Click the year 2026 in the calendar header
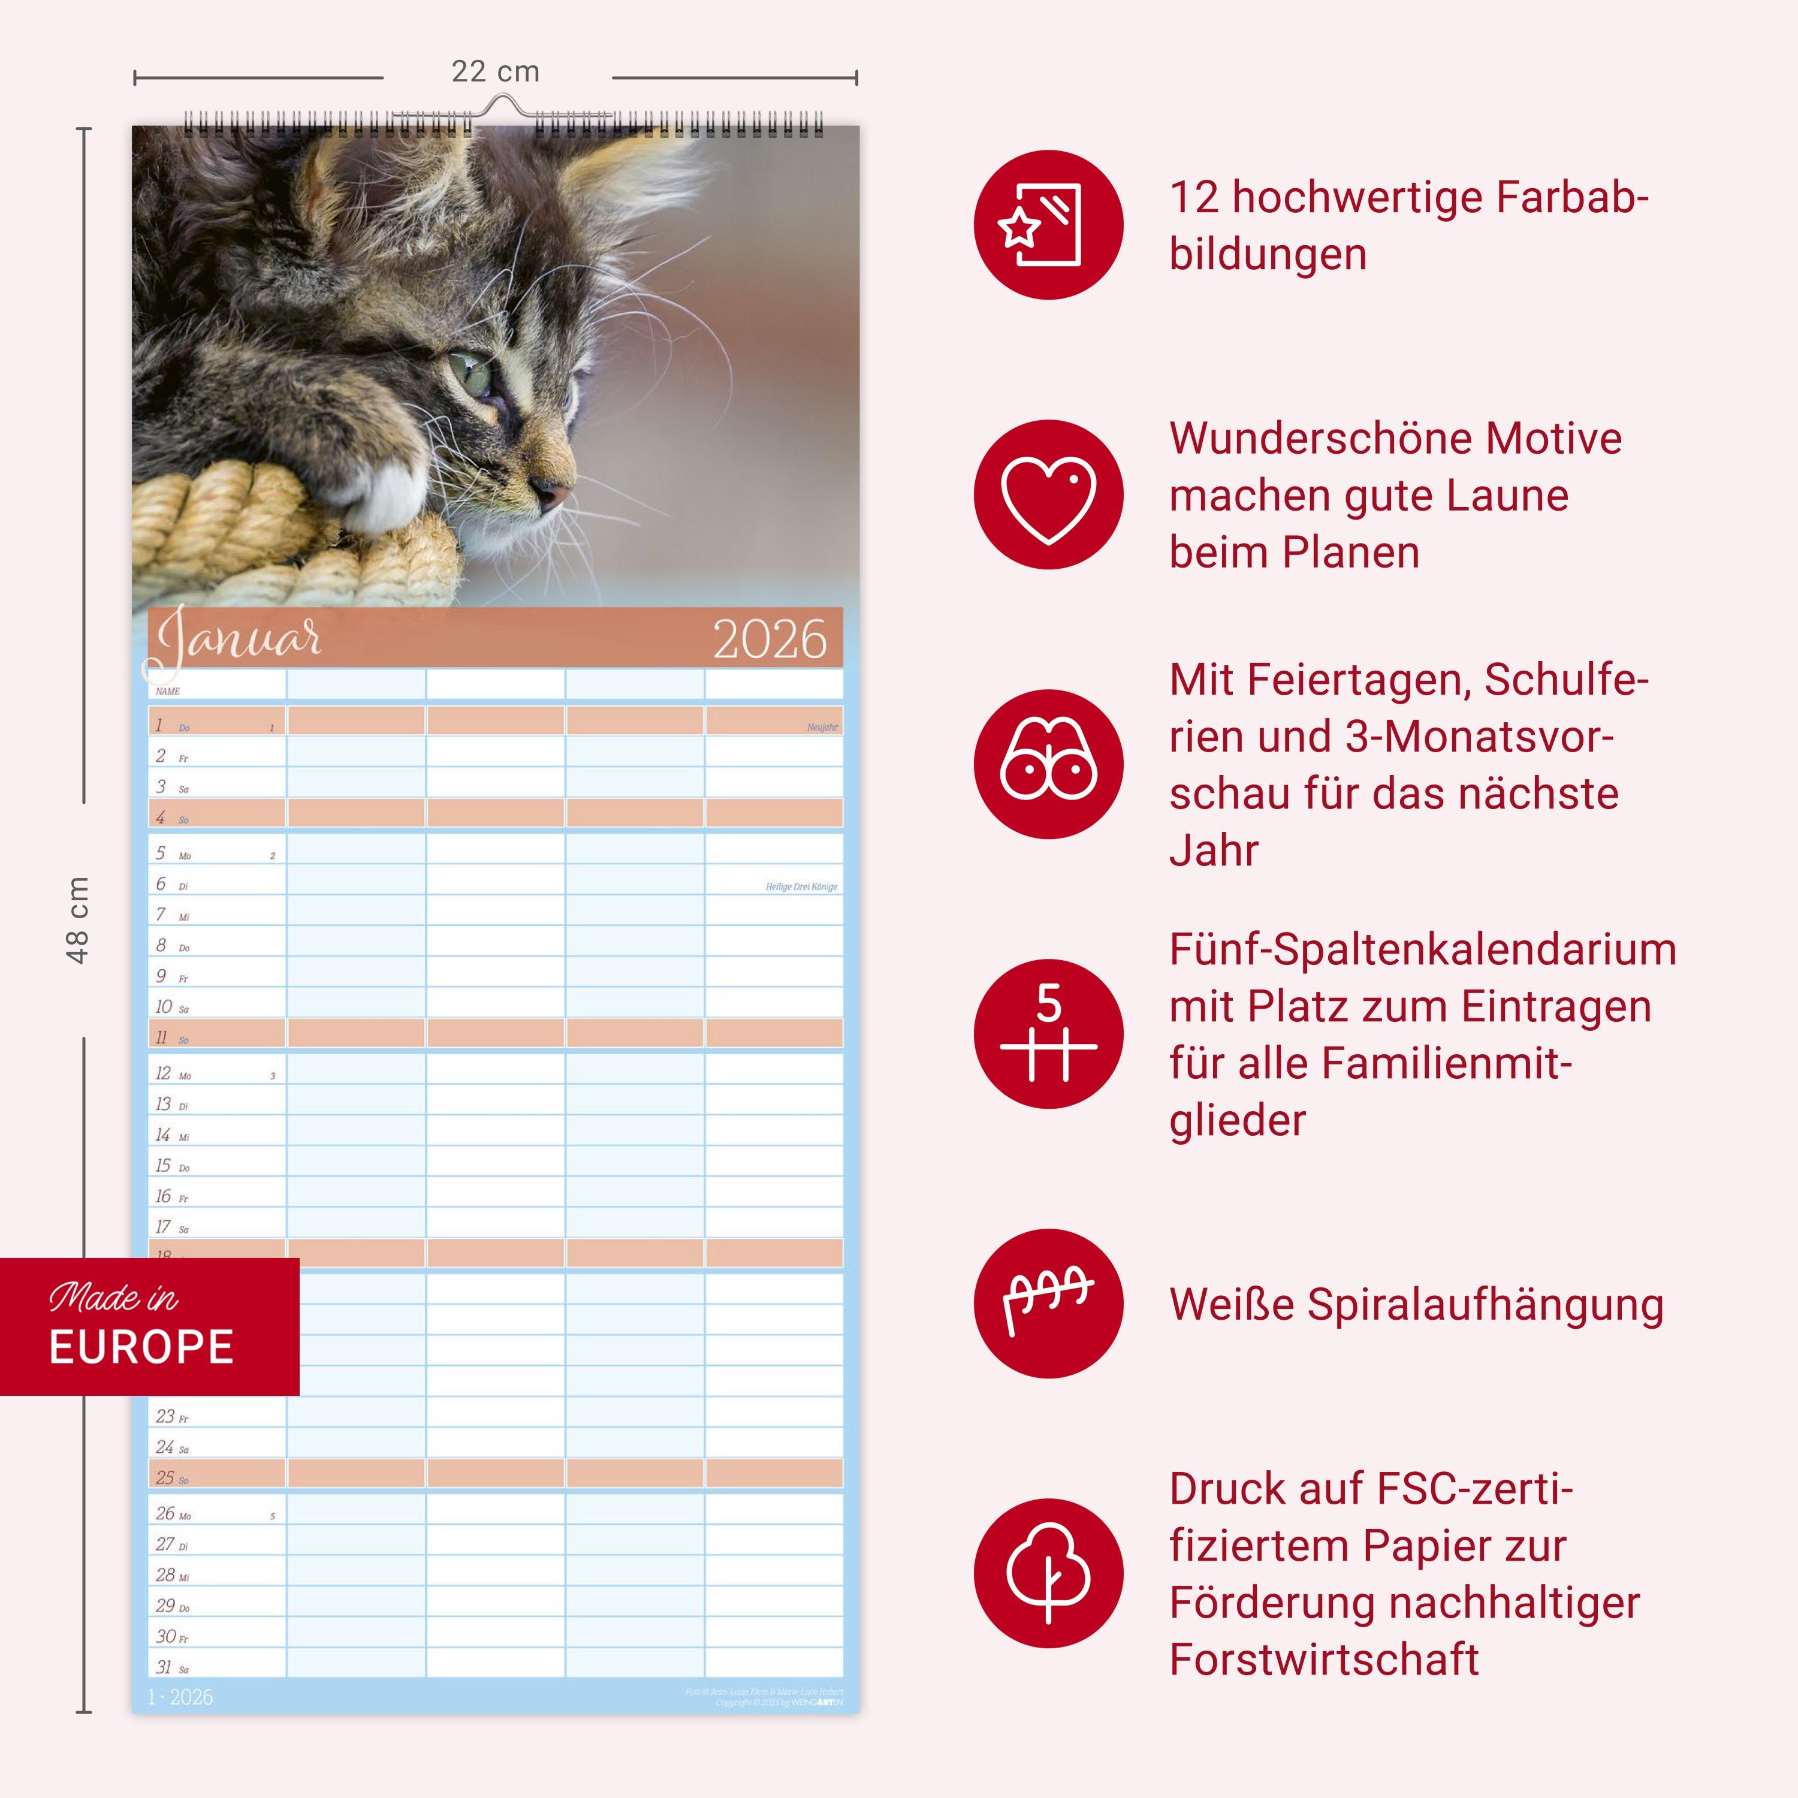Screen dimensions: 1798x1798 tap(770, 640)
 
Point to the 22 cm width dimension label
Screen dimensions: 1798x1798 tap(495, 72)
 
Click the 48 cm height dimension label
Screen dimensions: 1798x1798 tap(77, 919)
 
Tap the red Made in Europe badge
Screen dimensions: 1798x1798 tap(149, 1326)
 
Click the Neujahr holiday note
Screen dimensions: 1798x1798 tap(822, 727)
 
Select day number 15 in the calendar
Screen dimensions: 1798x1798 tap(164, 1166)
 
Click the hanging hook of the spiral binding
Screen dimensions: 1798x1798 tap(503, 104)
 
